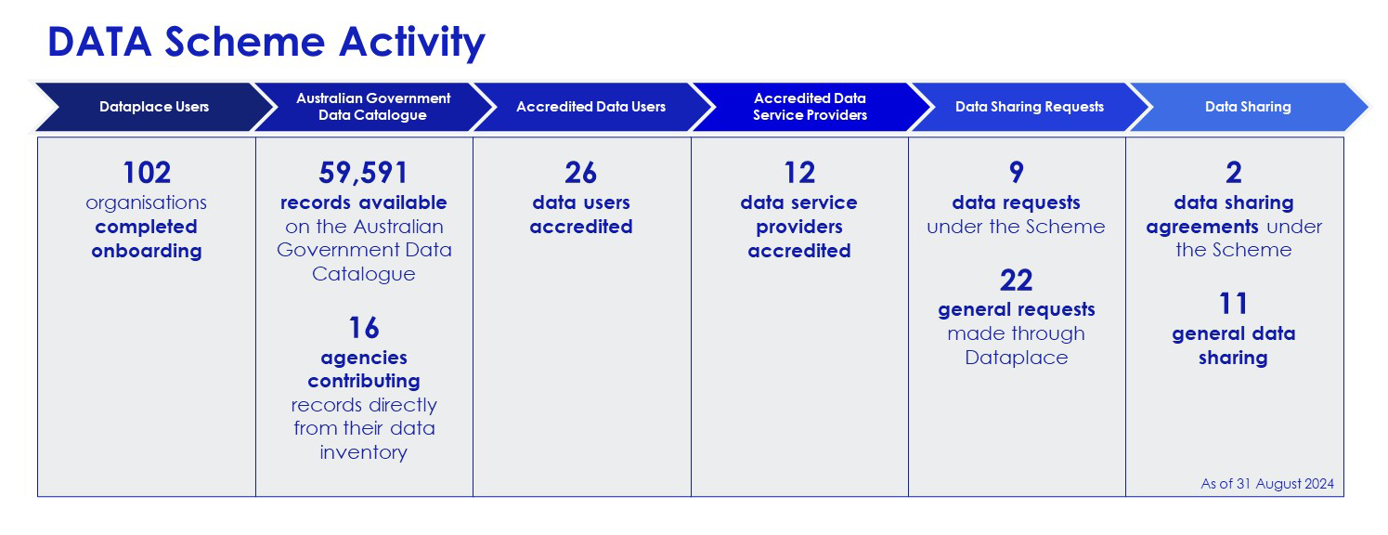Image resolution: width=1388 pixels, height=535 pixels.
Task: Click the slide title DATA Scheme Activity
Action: coord(266,42)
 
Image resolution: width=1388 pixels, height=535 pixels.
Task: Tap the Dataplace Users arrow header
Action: coord(154,107)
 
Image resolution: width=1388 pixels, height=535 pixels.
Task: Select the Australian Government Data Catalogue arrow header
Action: coord(373,107)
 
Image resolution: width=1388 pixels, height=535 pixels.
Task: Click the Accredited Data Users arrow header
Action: coord(591,107)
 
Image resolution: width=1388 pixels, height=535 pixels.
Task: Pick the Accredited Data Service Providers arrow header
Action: coord(810,107)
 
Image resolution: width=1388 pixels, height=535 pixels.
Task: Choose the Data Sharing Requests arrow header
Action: coord(1030,107)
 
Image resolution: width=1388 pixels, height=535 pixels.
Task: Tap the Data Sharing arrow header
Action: coord(1248,107)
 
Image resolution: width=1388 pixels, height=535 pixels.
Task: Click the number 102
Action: coord(147,173)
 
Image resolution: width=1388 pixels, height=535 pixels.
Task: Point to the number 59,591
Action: coord(364,173)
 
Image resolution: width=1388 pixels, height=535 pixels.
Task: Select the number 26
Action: coord(580,173)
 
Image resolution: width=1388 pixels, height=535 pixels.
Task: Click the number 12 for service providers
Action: coord(799,173)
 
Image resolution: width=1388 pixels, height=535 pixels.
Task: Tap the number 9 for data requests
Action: coord(1017,173)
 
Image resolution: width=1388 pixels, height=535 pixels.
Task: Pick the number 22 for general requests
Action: coord(1017,281)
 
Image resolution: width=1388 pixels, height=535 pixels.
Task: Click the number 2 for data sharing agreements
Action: coord(1234,173)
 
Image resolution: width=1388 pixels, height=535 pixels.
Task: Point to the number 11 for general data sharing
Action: coord(1233,304)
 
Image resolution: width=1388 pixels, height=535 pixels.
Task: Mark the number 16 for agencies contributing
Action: coord(364,328)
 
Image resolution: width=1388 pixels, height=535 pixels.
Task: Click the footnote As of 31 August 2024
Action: coord(1267,484)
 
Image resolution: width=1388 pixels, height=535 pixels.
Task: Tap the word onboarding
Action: coord(147,251)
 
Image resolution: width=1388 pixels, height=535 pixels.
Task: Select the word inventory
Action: coord(364,452)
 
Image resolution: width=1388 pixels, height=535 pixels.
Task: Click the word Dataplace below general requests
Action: coord(1017,358)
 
